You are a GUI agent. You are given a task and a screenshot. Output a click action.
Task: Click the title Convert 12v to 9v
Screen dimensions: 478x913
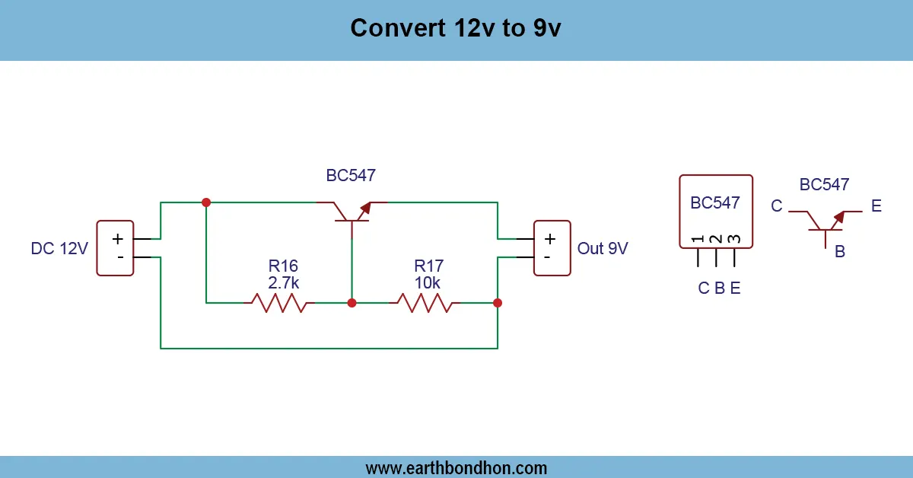pos(456,28)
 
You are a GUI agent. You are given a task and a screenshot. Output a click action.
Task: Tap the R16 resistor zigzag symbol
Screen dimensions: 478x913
pos(274,303)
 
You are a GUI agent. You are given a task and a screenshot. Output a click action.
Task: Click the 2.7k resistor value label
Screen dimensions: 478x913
pos(283,282)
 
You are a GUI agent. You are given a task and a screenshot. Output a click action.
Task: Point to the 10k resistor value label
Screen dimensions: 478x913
pos(428,282)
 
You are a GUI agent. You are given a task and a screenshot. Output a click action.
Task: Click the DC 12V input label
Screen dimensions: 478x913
pos(59,248)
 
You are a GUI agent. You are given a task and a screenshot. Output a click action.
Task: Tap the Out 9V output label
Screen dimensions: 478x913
pos(603,248)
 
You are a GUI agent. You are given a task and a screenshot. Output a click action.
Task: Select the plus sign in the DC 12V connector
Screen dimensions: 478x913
pos(118,239)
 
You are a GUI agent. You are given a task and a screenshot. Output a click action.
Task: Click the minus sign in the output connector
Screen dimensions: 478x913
pos(546,258)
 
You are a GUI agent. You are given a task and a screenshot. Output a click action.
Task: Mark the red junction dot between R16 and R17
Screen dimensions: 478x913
pos(352,303)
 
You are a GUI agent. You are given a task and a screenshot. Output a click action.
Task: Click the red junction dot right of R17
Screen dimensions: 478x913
pos(498,303)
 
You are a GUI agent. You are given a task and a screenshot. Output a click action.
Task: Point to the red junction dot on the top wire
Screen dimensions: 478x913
pos(205,202)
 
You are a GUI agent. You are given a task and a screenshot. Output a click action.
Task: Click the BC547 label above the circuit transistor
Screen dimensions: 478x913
pos(351,176)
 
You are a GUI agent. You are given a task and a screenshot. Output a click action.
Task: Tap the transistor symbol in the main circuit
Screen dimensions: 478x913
pos(352,213)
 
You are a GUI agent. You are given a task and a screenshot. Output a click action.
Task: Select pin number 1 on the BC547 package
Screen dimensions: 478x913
pos(698,240)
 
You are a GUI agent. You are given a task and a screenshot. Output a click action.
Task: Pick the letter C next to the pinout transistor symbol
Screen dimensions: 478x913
pos(776,206)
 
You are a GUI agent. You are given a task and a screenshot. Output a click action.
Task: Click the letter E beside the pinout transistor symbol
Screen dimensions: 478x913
pos(876,206)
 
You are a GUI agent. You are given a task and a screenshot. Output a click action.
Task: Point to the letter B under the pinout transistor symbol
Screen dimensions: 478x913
pos(840,252)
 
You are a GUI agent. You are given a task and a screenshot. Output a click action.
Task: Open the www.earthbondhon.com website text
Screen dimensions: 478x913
pos(456,467)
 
